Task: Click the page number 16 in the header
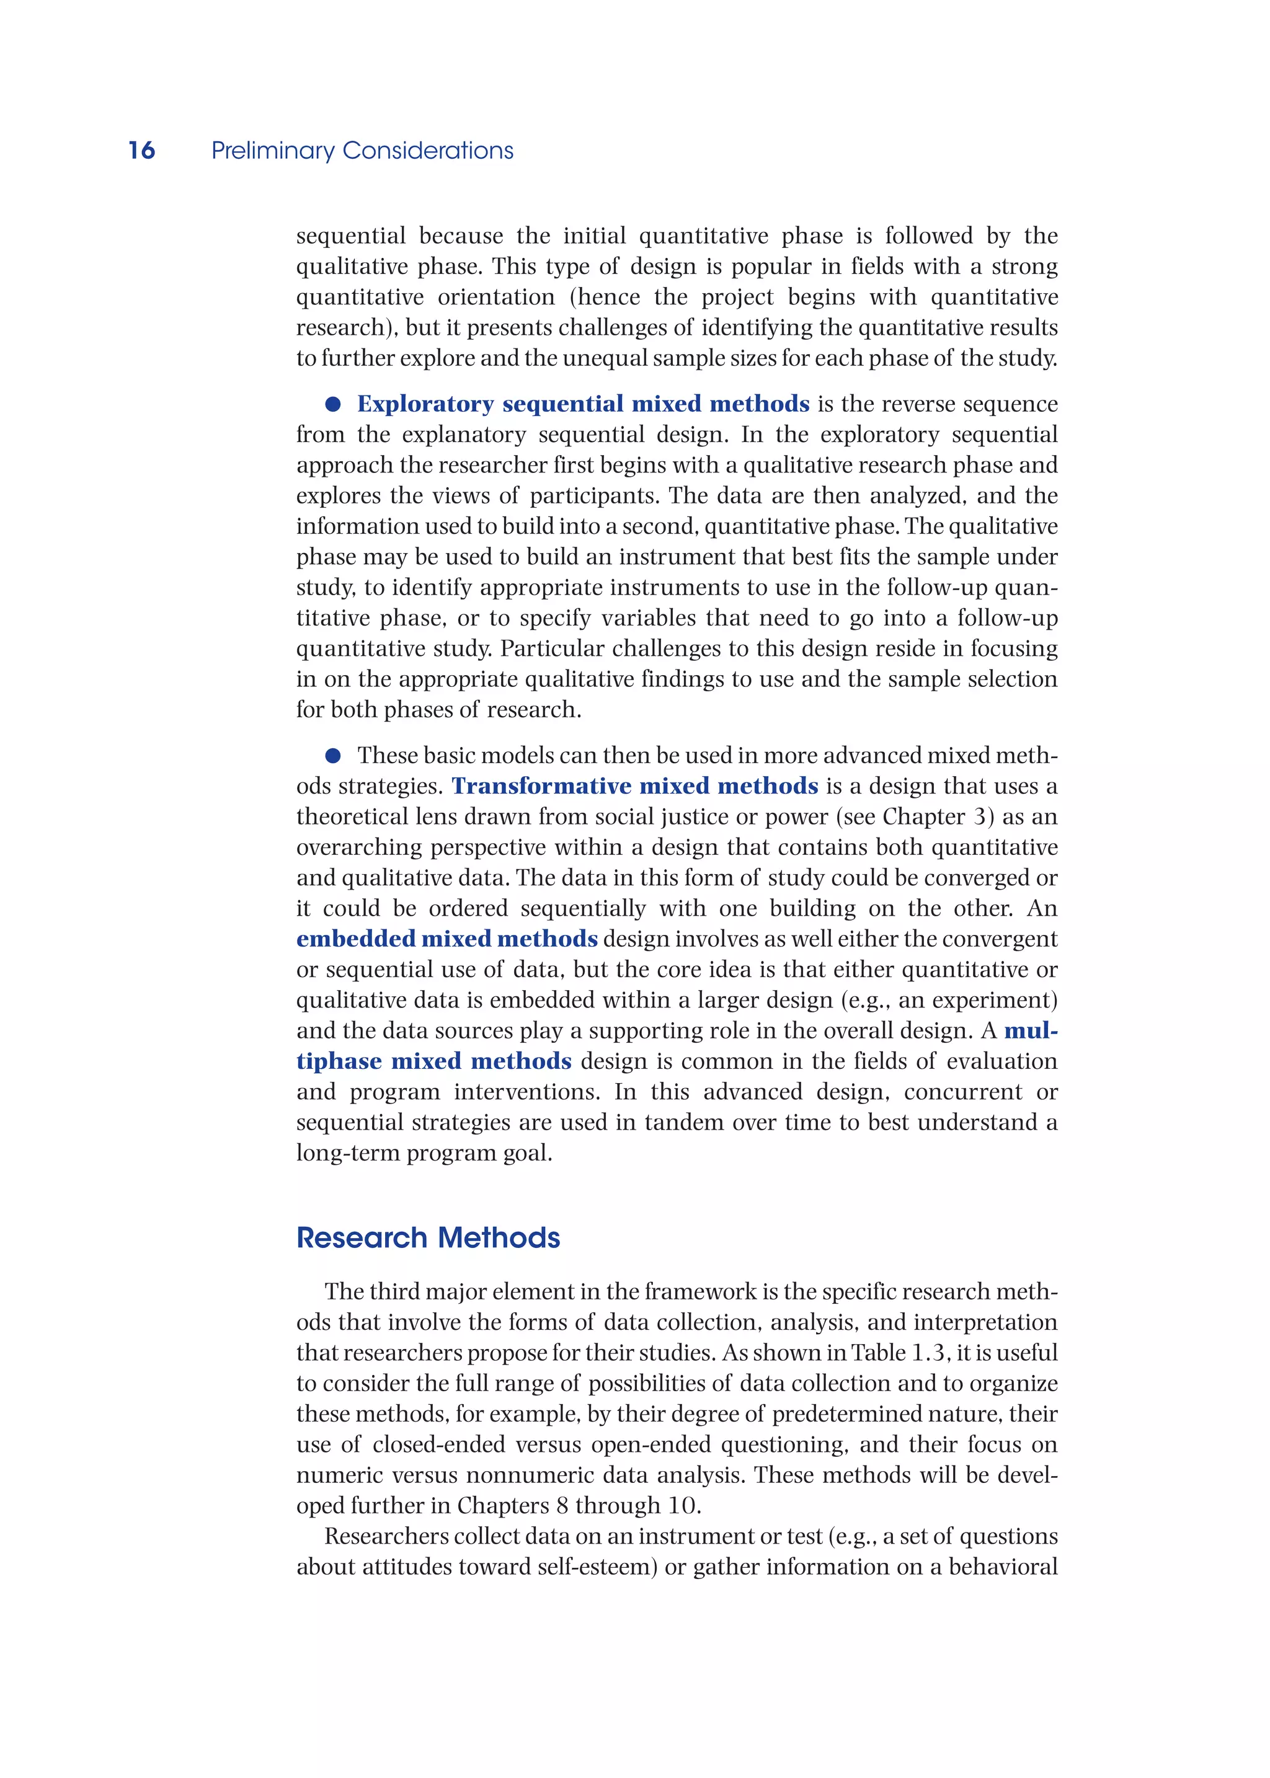pyautogui.click(x=141, y=150)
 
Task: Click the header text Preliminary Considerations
pyautogui.click(x=362, y=150)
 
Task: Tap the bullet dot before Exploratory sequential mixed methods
pyautogui.click(x=333, y=404)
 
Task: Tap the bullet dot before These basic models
pyautogui.click(x=333, y=755)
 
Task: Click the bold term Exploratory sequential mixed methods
pyautogui.click(x=583, y=404)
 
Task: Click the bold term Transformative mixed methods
pyautogui.click(x=635, y=786)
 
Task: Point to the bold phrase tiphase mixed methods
pyautogui.click(x=434, y=1061)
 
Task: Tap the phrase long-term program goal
pyautogui.click(x=424, y=1152)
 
